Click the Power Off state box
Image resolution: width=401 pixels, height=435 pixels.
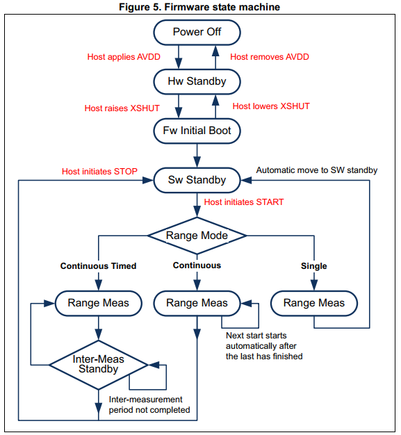197,32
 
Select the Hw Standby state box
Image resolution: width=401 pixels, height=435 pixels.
197,81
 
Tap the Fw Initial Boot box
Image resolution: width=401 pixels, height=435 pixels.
197,130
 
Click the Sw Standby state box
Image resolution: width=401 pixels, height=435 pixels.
197,180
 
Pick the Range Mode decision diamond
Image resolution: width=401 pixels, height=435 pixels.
197,236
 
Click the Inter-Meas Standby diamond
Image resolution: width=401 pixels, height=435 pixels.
98,364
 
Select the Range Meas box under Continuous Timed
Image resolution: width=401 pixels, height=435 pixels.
98,303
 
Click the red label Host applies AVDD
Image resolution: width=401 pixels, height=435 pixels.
129,57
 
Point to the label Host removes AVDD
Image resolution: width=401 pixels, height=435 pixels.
270,57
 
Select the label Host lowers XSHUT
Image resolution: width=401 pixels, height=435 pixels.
271,106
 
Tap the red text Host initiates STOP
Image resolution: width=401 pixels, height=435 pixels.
99,171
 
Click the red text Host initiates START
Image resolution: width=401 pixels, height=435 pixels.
244,202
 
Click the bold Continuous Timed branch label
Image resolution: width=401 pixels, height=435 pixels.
98,266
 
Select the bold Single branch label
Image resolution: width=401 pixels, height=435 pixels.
313,266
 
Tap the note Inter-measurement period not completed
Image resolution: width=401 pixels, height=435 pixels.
149,404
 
